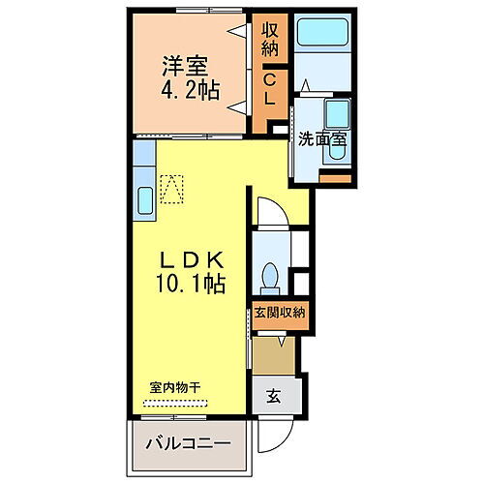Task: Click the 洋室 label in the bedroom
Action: tap(184, 69)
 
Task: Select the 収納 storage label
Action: tap(271, 40)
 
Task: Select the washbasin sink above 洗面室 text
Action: tap(337, 111)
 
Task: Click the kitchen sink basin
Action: tap(142, 201)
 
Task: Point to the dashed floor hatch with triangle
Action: tap(172, 189)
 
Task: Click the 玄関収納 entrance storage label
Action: tap(280, 312)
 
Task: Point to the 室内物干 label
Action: tap(175, 387)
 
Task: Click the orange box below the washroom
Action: tap(335, 179)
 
